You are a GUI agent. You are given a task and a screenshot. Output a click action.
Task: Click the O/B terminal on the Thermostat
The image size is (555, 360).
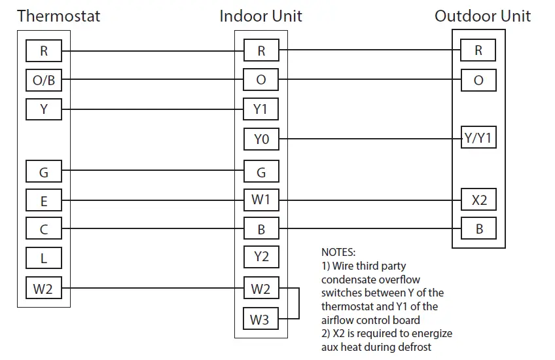coord(43,80)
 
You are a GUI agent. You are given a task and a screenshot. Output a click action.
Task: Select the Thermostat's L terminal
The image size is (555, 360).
coord(43,258)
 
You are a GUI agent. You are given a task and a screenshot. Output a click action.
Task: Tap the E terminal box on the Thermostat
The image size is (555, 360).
coord(43,200)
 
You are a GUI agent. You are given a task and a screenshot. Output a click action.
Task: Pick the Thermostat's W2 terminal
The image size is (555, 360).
coord(43,288)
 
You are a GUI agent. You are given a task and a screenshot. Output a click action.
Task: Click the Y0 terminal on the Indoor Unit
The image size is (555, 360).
coord(260,139)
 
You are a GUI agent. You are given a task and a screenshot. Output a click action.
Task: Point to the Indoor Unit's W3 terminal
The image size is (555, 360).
coord(260,319)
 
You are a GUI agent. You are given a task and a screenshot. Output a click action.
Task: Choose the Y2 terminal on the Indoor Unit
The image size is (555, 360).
coord(260,257)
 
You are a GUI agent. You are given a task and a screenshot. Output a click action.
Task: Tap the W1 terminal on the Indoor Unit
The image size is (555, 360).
coord(260,200)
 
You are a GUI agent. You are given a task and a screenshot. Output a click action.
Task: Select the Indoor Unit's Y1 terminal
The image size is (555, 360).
coord(260,109)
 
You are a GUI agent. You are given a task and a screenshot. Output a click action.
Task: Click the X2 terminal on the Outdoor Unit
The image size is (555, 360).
coord(478,200)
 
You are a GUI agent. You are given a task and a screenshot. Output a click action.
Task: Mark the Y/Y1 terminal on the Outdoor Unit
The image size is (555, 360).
coord(478,139)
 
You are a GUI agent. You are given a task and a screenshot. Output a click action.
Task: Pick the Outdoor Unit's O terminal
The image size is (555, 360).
coord(478,80)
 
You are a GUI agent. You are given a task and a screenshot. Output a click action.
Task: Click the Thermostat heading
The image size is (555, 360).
coord(59,16)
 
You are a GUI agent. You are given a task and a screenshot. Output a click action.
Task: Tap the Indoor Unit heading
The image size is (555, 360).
coord(261,16)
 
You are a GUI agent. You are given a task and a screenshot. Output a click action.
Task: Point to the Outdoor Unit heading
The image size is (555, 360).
coord(482,16)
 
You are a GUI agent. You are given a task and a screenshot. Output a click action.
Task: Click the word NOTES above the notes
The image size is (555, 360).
coord(338,252)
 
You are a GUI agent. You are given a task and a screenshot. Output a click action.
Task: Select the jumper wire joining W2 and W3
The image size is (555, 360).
coord(298,304)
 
